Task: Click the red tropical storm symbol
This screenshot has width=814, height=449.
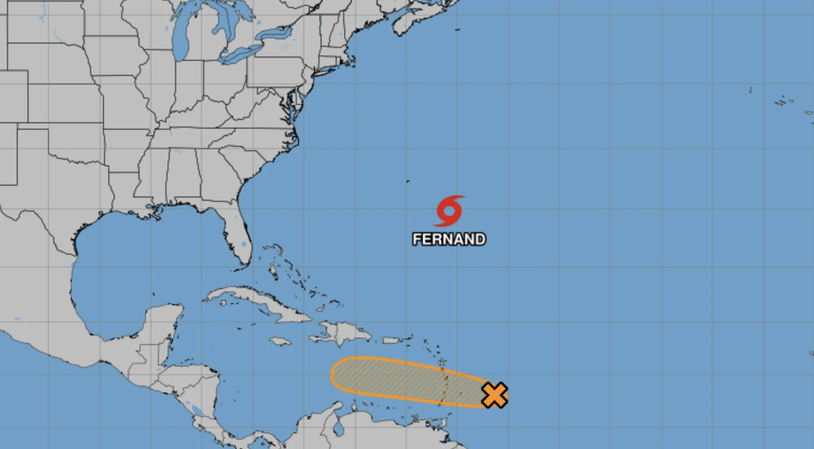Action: [449, 211]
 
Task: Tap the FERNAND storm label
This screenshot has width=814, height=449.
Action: [449, 239]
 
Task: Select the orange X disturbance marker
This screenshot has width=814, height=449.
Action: [494, 395]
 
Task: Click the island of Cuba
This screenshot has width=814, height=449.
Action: [259, 301]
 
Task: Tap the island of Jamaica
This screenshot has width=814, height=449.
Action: [280, 341]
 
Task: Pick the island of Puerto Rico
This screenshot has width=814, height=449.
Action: [391, 340]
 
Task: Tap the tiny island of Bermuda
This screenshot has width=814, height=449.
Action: [408, 181]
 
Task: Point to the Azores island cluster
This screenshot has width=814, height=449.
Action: [784, 101]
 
